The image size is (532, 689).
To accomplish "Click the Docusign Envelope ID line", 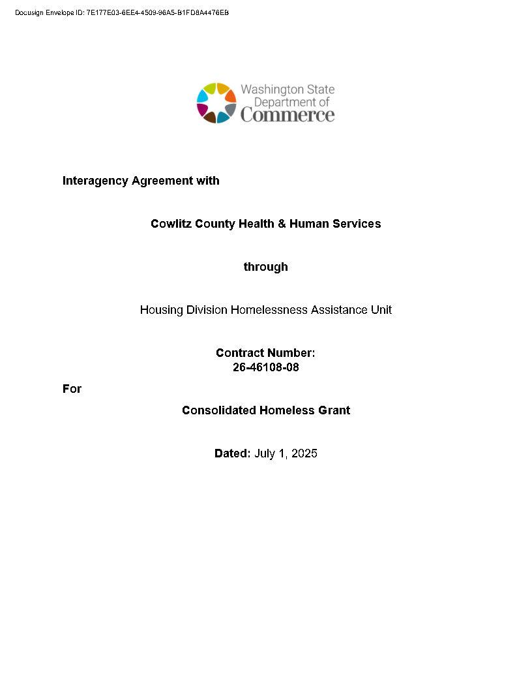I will pos(122,13).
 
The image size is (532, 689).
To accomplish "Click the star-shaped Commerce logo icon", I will pos(216,103).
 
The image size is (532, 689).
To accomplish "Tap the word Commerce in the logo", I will pos(288,115).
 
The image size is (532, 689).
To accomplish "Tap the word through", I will pos(265,267).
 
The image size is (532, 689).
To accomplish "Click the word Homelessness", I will pos(269,310).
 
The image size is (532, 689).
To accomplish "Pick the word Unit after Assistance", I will pos(381,310).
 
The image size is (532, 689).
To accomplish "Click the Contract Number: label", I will pos(265,353).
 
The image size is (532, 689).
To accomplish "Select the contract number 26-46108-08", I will pos(265,367).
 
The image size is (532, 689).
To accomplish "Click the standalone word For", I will pos(72,389).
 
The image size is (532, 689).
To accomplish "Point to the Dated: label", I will pos(232,453).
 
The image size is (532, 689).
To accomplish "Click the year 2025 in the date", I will pos(304,453).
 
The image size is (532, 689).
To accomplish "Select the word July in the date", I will pos(265,453).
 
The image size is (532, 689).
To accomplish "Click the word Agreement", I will pos(162,181).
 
